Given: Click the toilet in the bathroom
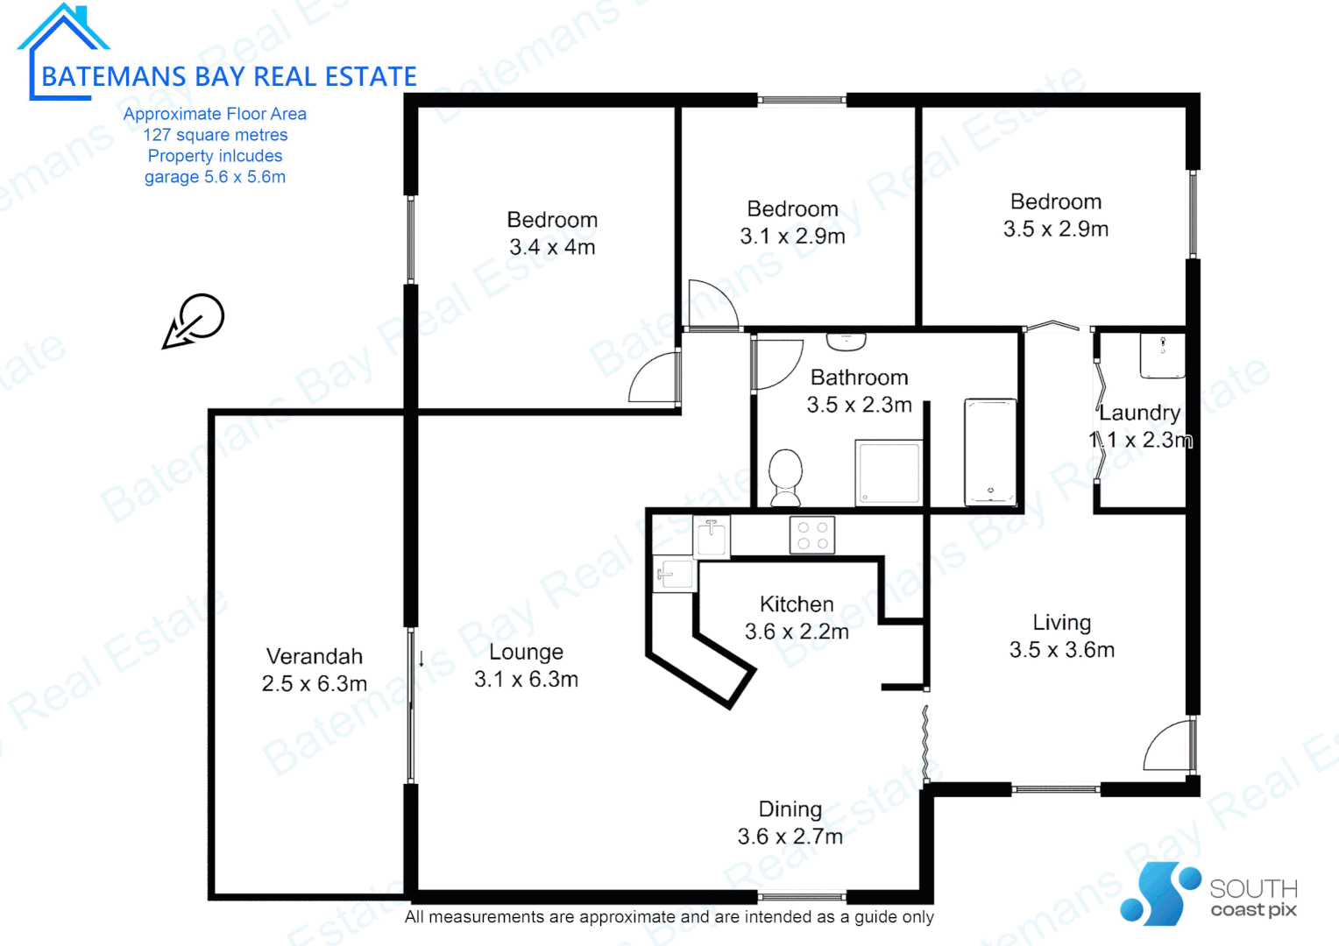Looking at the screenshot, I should [x=785, y=477].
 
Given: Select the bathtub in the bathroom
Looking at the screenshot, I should [x=990, y=452].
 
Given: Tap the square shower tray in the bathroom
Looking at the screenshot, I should [x=889, y=472].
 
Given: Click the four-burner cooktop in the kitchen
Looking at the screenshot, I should [x=812, y=535].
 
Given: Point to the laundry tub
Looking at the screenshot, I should [x=1162, y=356].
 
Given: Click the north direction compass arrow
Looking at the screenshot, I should [x=195, y=321].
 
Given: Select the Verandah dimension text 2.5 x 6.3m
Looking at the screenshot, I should [x=314, y=684].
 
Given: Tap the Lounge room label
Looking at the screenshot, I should [x=526, y=652].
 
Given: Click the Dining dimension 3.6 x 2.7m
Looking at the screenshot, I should [x=790, y=837].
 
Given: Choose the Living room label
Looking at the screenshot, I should [x=1061, y=623].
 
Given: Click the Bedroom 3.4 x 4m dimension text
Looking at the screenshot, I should [x=552, y=247].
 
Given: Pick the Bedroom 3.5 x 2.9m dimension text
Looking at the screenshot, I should [x=1055, y=229].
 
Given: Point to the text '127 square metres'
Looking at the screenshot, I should [x=215, y=135].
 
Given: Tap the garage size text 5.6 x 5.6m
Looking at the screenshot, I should [x=215, y=177].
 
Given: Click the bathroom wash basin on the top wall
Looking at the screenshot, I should [x=846, y=341].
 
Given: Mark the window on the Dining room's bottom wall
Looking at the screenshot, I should [x=801, y=896].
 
